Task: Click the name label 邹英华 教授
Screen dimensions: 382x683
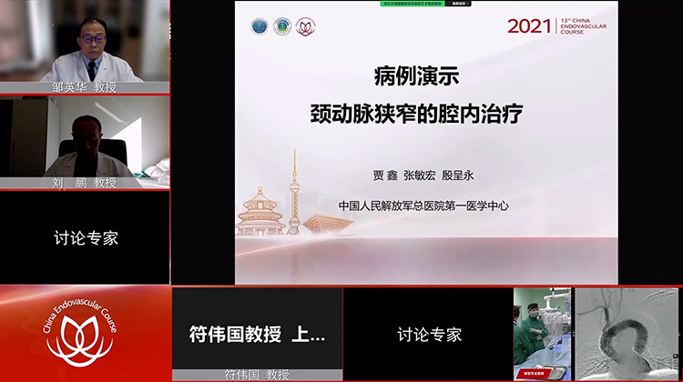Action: pyautogui.click(x=86, y=88)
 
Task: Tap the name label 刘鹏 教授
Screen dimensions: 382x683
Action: pyautogui.click(x=86, y=183)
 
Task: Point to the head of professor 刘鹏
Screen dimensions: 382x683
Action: pyautogui.click(x=82, y=132)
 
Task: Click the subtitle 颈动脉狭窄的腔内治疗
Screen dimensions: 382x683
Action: pyautogui.click(x=427, y=116)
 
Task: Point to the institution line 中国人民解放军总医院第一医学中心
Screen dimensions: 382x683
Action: pyautogui.click(x=423, y=206)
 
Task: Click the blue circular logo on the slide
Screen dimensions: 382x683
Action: pyautogui.click(x=260, y=26)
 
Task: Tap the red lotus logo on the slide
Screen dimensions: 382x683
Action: pyautogui.click(x=306, y=26)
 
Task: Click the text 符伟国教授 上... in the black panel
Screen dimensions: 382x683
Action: pyautogui.click(x=257, y=334)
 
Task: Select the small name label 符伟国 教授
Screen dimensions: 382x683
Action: pyautogui.click(x=258, y=375)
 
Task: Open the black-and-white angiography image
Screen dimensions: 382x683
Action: pyautogui.click(x=627, y=334)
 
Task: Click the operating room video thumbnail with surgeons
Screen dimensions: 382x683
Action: pyautogui.click(x=542, y=334)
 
